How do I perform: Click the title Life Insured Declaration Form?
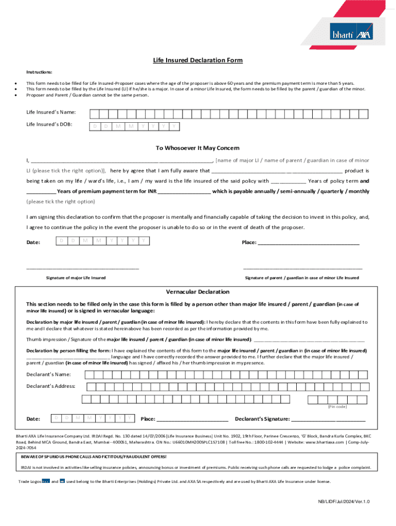click(197, 60)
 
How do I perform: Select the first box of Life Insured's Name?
click(94, 114)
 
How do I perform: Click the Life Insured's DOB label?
click(49, 124)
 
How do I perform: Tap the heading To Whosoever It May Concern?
click(197, 148)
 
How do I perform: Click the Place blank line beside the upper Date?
click(308, 243)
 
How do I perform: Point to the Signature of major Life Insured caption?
click(76, 278)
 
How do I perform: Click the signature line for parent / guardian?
click(302, 268)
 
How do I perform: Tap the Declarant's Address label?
click(51, 386)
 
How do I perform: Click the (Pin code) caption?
click(337, 407)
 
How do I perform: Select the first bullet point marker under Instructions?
click(16, 83)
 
